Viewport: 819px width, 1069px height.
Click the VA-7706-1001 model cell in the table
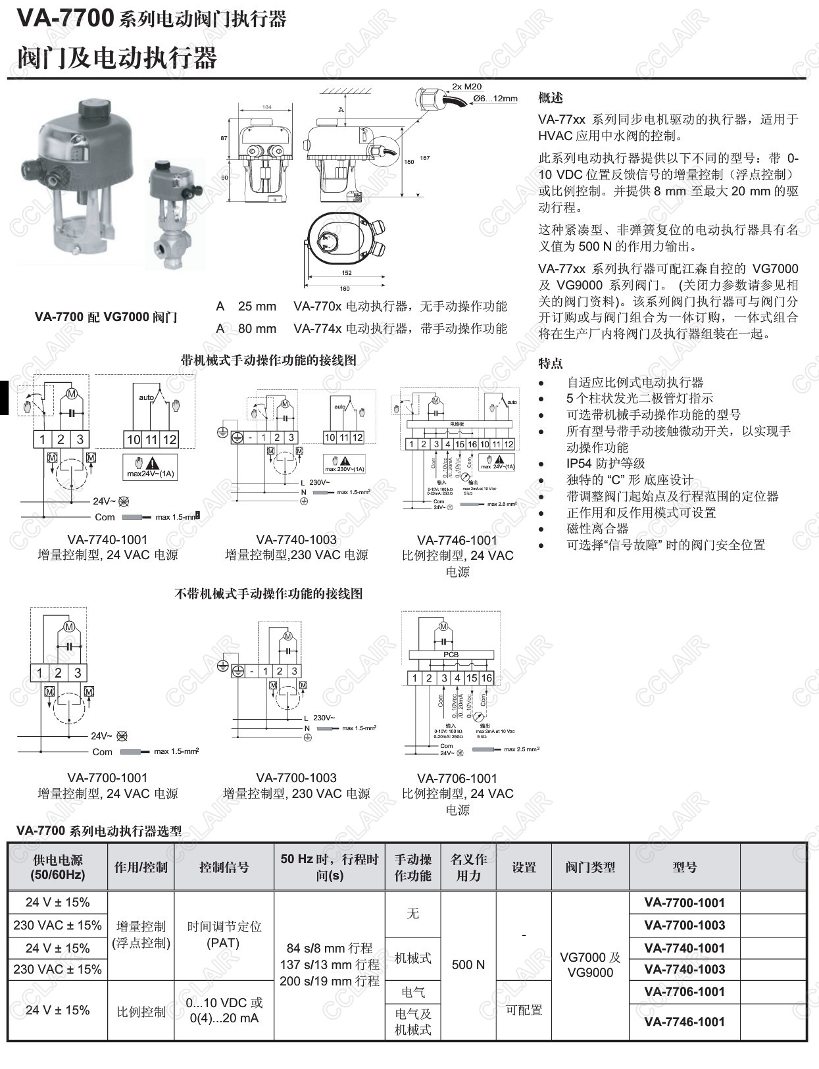tap(684, 991)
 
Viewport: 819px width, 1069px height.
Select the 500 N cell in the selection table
tap(468, 964)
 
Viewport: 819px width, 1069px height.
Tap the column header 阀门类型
tap(590, 867)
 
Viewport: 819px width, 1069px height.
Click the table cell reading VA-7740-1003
tap(684, 969)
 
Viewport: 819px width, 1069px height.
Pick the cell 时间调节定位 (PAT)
tap(224, 934)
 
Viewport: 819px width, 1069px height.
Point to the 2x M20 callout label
tap(466, 86)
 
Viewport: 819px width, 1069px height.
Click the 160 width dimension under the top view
tap(345, 288)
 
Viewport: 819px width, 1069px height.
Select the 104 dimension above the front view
tap(266, 107)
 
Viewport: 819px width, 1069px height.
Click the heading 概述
tap(551, 98)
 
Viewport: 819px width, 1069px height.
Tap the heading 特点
tap(551, 363)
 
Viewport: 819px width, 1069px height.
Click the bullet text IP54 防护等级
tap(605, 463)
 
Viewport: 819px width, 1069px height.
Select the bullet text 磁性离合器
tap(597, 528)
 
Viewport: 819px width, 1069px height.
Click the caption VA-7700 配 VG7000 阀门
tap(106, 316)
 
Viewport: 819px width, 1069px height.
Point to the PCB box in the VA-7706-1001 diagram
tap(451, 655)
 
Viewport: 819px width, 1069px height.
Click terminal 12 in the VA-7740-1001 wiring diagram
tap(170, 439)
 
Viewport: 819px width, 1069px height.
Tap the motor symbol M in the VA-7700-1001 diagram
tap(68, 627)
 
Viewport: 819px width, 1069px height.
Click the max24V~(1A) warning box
tap(150, 466)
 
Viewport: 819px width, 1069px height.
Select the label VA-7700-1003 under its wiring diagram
tap(296, 778)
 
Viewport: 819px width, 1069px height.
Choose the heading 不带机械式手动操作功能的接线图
tap(268, 593)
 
